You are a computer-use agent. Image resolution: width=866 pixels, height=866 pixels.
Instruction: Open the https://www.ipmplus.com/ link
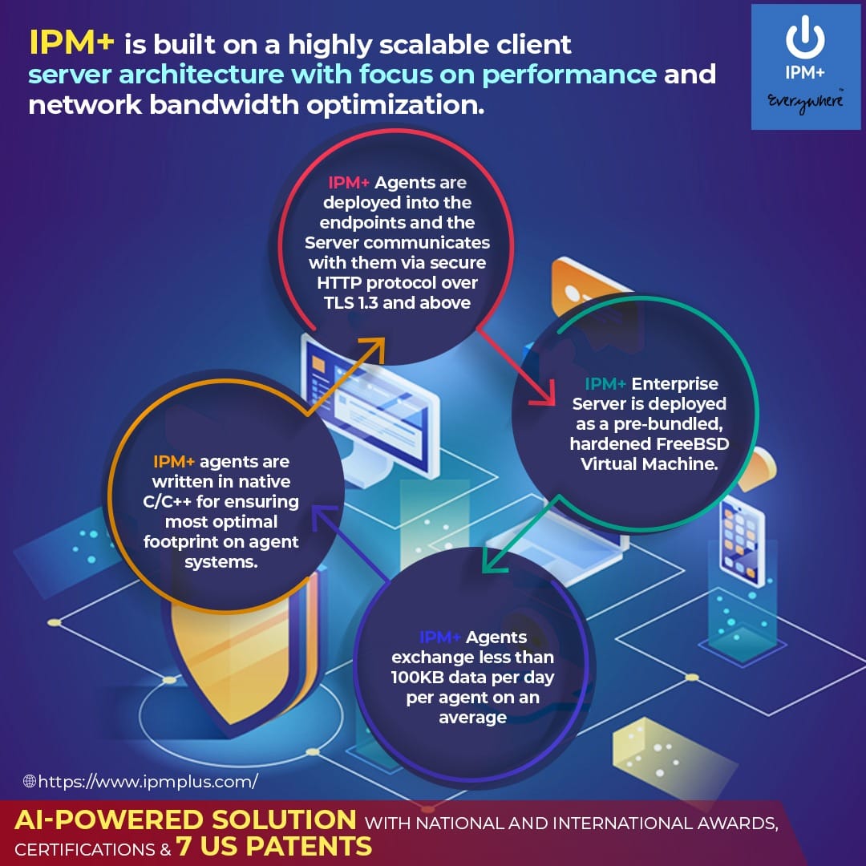[148, 780]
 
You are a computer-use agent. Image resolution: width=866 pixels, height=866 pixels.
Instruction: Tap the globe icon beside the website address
[30, 780]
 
